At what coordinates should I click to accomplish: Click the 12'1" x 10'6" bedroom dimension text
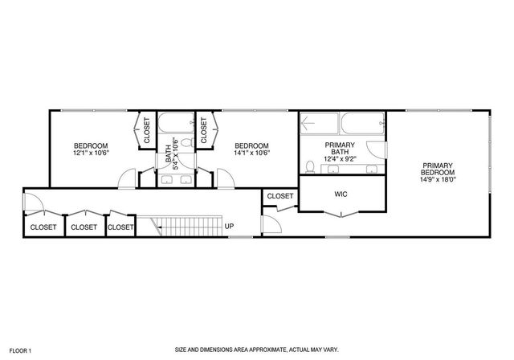tap(91, 153)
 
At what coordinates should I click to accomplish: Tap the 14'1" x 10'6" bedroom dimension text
tap(251, 153)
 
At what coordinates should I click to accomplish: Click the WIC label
tap(340, 194)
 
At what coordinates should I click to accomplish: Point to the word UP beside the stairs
tap(230, 226)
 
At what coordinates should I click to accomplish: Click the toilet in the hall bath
tap(186, 142)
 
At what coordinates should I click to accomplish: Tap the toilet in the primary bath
tap(310, 167)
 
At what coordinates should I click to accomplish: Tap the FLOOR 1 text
tap(18, 351)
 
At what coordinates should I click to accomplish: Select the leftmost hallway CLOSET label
tap(43, 227)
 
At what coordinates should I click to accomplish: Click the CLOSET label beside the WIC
tap(279, 195)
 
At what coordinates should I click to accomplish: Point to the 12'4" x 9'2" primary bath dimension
tap(340, 159)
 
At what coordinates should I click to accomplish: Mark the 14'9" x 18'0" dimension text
tap(439, 181)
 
